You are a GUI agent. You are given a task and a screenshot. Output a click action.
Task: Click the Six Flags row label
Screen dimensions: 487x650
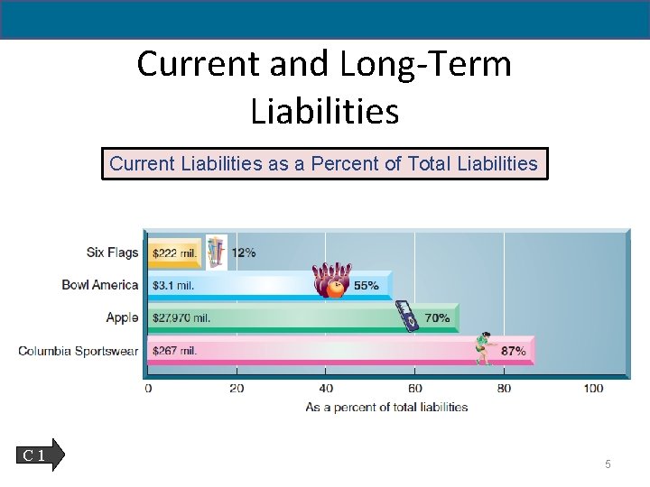pos(112,253)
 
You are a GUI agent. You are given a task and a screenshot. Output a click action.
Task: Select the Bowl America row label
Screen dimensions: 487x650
pos(99,285)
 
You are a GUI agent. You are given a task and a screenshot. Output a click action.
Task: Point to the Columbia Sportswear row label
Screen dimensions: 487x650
pos(79,350)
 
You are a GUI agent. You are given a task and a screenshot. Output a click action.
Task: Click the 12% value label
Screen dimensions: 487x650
pos(244,253)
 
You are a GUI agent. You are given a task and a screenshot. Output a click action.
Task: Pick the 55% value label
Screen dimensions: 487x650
pos(366,286)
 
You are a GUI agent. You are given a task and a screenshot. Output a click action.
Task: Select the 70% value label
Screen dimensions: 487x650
pos(437,318)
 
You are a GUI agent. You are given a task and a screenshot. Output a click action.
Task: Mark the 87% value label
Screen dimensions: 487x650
pos(513,351)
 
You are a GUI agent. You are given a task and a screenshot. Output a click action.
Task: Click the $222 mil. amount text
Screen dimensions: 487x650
pos(174,253)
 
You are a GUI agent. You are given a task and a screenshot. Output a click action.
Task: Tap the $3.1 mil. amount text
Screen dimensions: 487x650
pos(173,286)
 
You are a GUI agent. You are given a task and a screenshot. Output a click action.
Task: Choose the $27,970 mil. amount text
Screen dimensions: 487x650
pos(181,318)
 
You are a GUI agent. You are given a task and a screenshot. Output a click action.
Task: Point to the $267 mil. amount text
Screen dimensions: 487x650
pos(174,351)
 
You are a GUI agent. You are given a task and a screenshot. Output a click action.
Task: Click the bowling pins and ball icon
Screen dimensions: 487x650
pos(331,280)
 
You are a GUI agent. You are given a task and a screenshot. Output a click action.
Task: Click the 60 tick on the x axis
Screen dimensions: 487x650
pos(414,389)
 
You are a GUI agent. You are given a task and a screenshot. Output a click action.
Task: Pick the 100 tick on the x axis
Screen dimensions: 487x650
pos(592,389)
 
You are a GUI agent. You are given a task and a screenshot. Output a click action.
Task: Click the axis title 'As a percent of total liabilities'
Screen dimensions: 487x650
pos(386,407)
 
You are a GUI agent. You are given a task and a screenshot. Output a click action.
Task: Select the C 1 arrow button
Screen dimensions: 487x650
pos(40,455)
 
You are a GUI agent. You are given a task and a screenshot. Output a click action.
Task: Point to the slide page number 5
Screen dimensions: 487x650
pos(608,464)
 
